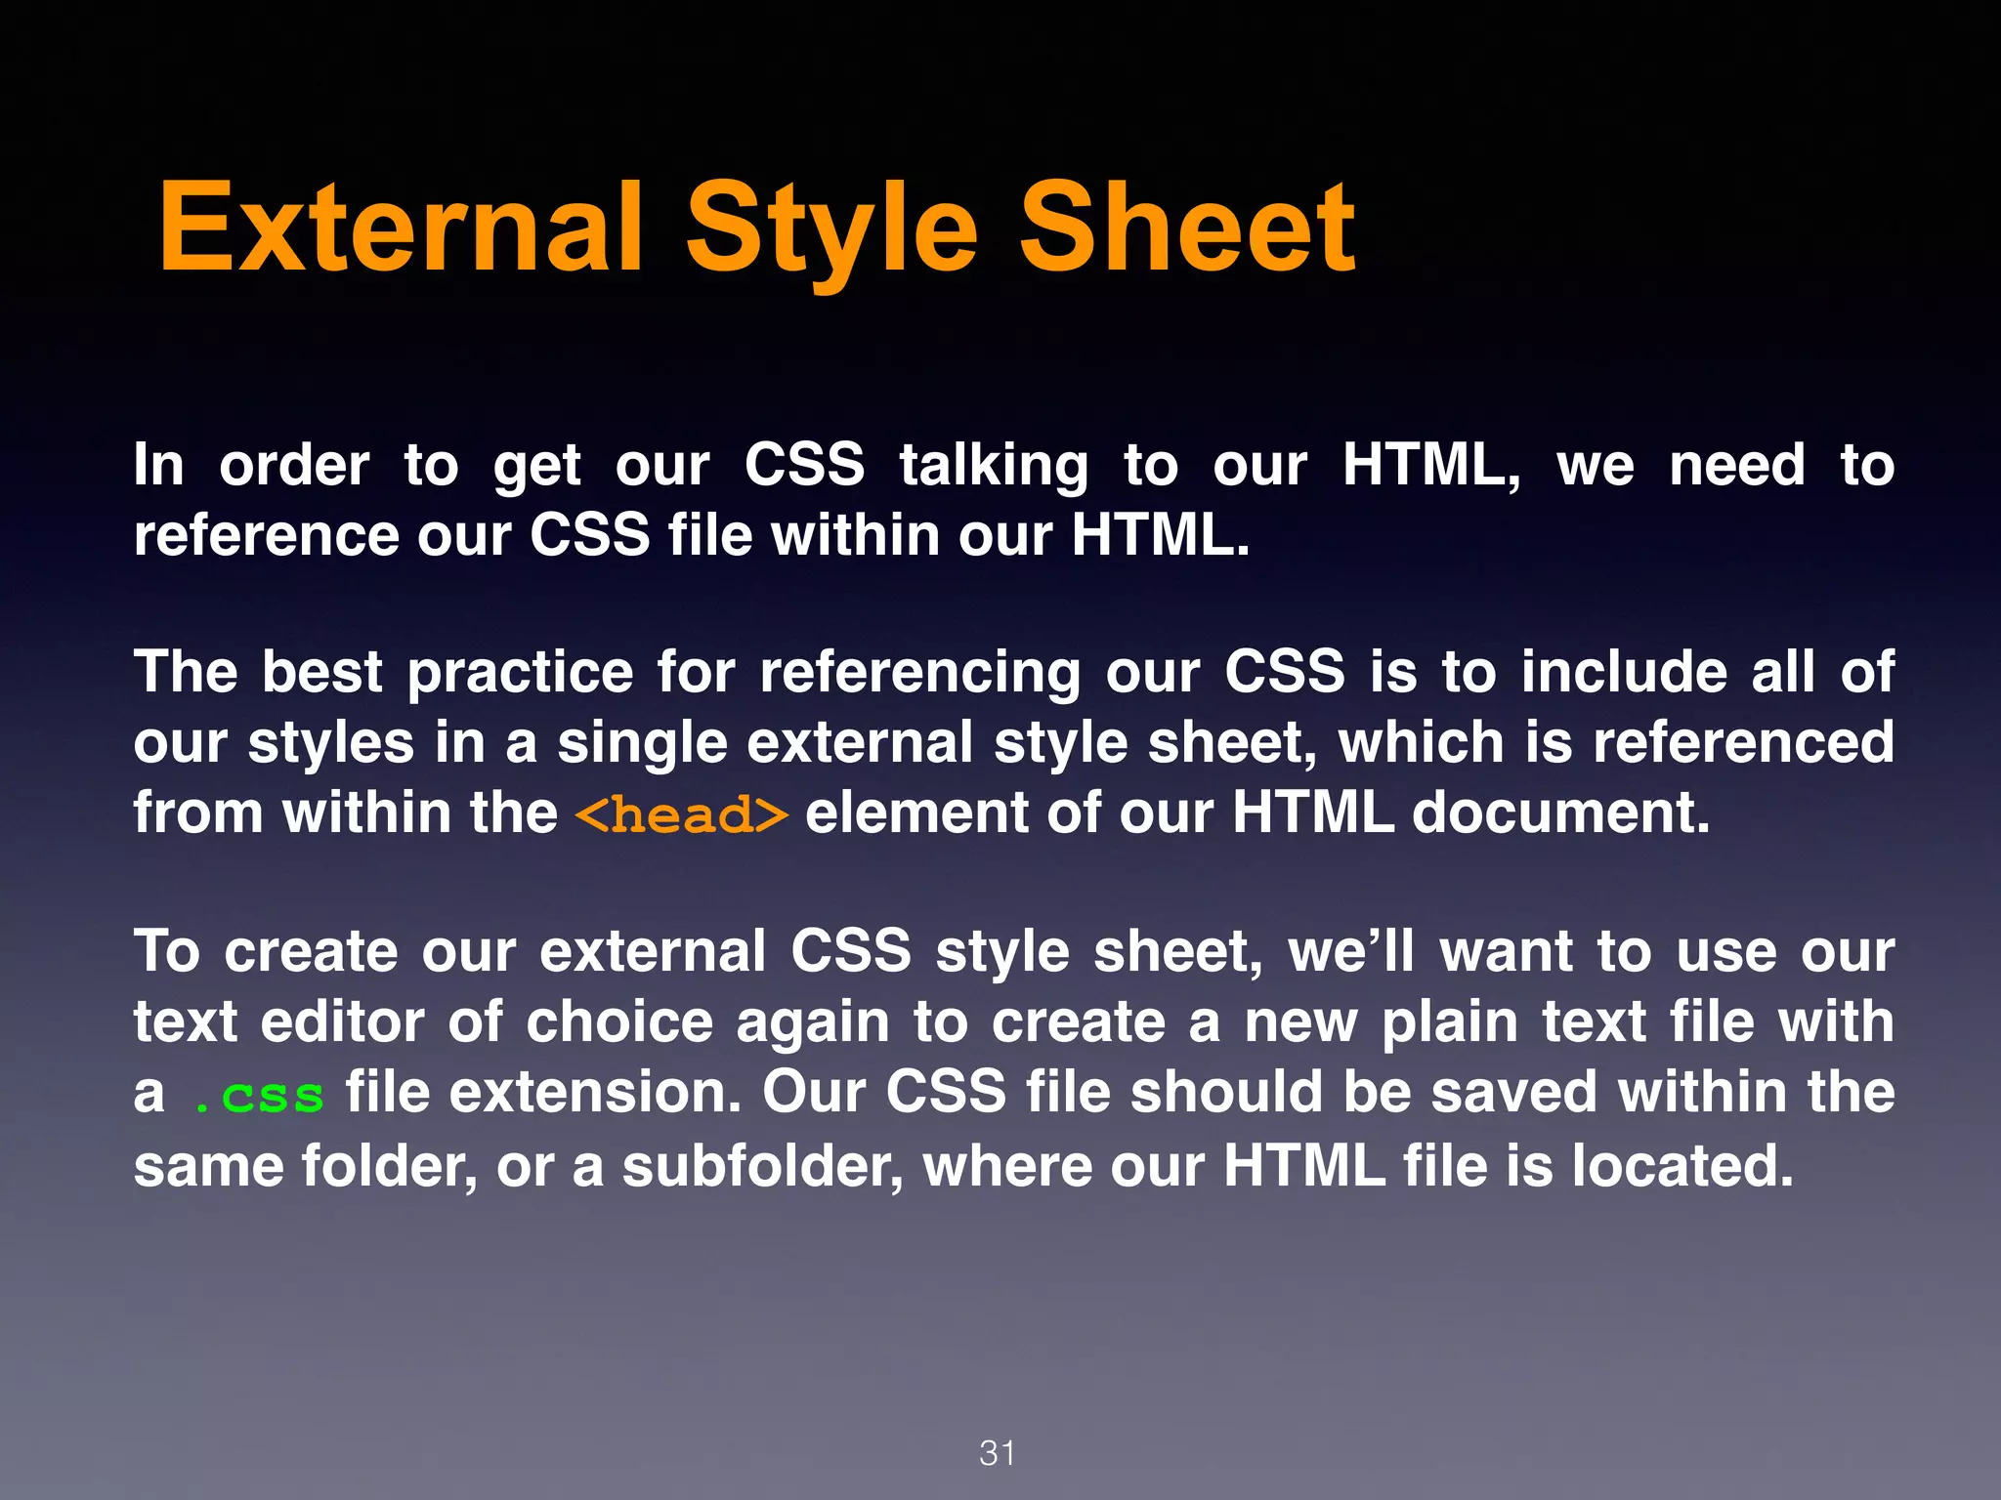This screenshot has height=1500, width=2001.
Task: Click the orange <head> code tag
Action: tap(681, 814)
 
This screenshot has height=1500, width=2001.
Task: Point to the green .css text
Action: tap(260, 1096)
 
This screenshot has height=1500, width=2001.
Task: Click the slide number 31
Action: tap(998, 1453)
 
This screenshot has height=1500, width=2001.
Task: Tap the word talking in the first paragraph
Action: tap(994, 466)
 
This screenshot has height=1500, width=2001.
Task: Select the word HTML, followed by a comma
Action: tap(1431, 466)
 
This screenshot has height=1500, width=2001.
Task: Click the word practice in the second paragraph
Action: tap(520, 674)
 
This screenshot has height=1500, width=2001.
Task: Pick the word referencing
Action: tap(919, 674)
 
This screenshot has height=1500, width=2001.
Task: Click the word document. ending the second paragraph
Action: tap(1560, 812)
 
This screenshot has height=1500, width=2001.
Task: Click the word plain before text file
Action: tap(1450, 1023)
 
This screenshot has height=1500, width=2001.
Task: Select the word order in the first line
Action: tap(294, 466)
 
